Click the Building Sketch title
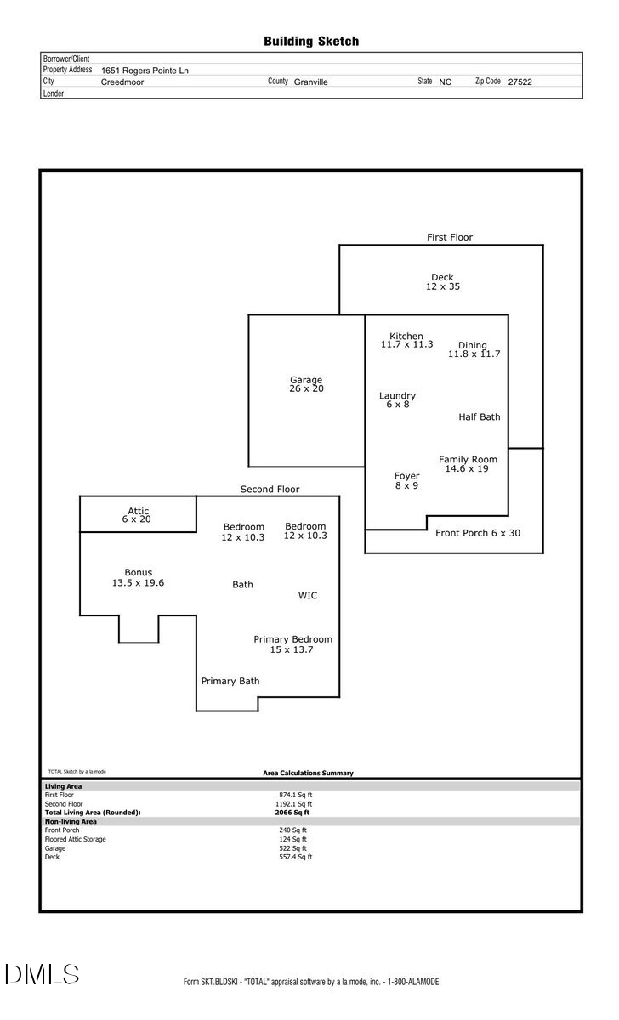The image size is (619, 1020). tap(311, 41)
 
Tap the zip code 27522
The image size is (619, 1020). tap(520, 82)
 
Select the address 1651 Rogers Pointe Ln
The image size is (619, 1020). tap(145, 71)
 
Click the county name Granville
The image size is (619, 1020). tap(311, 82)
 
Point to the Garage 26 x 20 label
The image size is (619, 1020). tap(306, 384)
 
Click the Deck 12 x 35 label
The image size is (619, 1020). tap(442, 282)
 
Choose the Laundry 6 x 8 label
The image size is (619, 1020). tap(397, 399)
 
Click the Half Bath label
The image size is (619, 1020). tap(480, 417)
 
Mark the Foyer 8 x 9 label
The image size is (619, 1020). tap(406, 481)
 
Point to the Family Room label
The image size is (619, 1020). tap(468, 464)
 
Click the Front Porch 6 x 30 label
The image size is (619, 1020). tap(477, 533)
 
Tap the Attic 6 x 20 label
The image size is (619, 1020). tap(138, 515)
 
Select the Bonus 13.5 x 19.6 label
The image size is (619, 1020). tap(138, 578)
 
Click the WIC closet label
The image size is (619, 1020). tap(308, 596)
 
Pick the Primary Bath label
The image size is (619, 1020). tap(230, 681)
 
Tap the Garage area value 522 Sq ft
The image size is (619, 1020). tap(293, 848)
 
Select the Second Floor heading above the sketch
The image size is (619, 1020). tap(270, 490)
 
